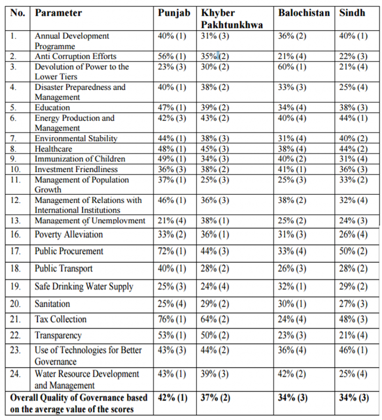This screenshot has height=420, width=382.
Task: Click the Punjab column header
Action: pyautogui.click(x=174, y=13)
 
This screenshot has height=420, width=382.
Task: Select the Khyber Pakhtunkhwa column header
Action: pyautogui.click(x=232, y=18)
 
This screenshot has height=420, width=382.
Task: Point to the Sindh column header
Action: pyautogui.click(x=352, y=13)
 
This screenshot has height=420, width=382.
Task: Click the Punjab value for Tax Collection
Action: pyautogui.click(x=172, y=320)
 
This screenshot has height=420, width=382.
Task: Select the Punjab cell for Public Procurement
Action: pyautogui.click(x=172, y=251)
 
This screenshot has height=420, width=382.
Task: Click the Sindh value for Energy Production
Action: pyautogui.click(x=353, y=118)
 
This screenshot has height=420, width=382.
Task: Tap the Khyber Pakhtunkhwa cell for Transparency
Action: pyautogui.click(x=215, y=336)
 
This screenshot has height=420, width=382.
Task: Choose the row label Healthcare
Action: pyautogui.click(x=53, y=149)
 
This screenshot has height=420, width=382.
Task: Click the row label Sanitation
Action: pyautogui.click(x=52, y=304)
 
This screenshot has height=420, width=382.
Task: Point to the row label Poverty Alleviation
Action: pyautogui.click(x=69, y=235)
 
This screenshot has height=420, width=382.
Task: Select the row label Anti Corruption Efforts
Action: pyautogui.click(x=75, y=57)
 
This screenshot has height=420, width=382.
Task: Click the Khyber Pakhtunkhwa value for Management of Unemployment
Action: pyautogui.click(x=215, y=221)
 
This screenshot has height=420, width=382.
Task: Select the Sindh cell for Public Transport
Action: pyautogui.click(x=353, y=269)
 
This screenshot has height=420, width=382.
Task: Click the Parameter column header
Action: pyautogui.click(x=58, y=13)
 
